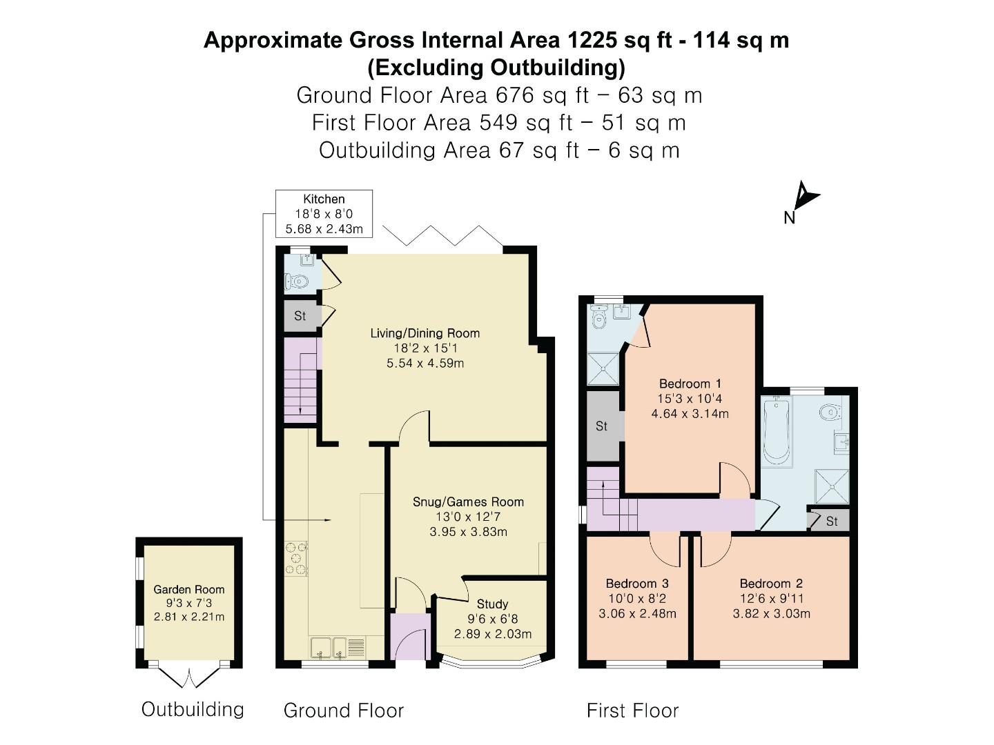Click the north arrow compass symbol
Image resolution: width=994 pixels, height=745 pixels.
pyautogui.click(x=802, y=201)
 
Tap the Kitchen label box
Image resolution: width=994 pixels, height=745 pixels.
pyautogui.click(x=324, y=214)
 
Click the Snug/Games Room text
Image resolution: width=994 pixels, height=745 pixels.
pyautogui.click(x=468, y=502)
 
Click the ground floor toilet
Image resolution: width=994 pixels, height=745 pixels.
pyautogui.click(x=297, y=281)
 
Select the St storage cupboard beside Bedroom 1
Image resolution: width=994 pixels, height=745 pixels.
pyautogui.click(x=602, y=426)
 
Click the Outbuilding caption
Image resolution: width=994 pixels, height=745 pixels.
pyautogui.click(x=193, y=709)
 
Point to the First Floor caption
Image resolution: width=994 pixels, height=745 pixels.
pyautogui.click(x=632, y=711)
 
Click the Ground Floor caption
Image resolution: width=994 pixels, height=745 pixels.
pyautogui.click(x=343, y=711)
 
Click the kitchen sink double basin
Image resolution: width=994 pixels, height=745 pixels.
pyautogui.click(x=330, y=648)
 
